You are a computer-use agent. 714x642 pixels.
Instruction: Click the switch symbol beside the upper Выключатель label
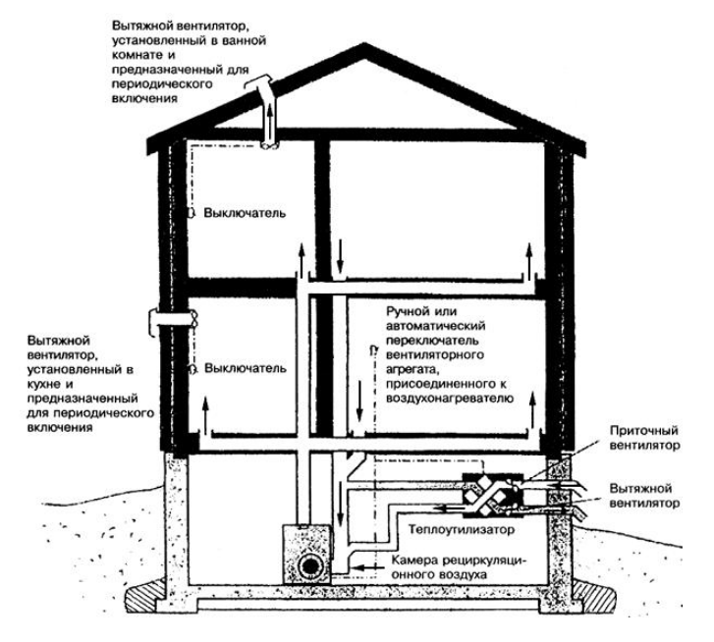(192, 213)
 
